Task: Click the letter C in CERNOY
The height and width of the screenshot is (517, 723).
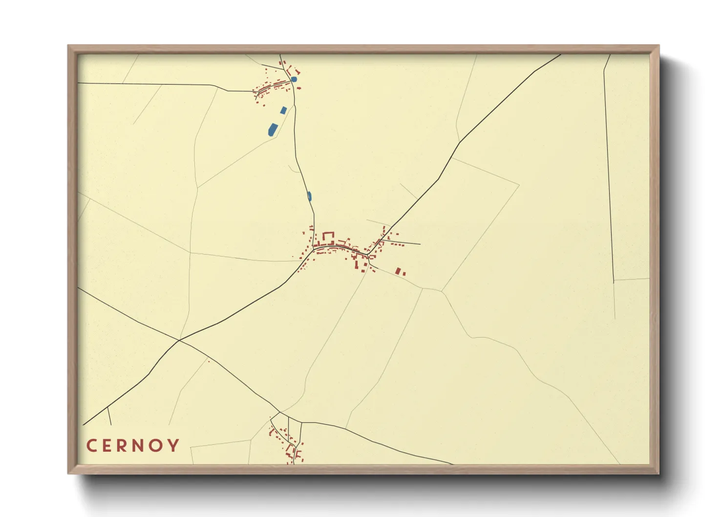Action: click(91, 446)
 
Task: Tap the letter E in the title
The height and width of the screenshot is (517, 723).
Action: click(108, 446)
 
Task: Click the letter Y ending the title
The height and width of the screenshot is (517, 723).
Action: click(174, 446)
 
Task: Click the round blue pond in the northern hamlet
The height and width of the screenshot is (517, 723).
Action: click(294, 79)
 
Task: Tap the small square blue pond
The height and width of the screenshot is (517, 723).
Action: click(283, 110)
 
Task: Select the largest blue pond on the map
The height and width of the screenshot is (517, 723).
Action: click(272, 129)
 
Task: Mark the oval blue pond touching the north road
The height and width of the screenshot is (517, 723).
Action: click(309, 196)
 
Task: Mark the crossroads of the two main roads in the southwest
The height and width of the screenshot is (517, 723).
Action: click(180, 340)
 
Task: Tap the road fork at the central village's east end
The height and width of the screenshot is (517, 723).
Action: click(368, 255)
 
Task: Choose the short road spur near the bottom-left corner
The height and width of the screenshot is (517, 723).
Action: click(109, 416)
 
